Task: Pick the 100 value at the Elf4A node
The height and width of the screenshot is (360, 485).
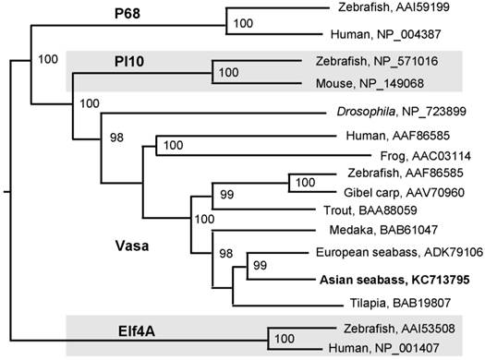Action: tap(285, 339)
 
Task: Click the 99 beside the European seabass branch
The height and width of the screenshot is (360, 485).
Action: tap(261, 266)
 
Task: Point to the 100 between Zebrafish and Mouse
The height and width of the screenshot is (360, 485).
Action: tap(227, 71)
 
